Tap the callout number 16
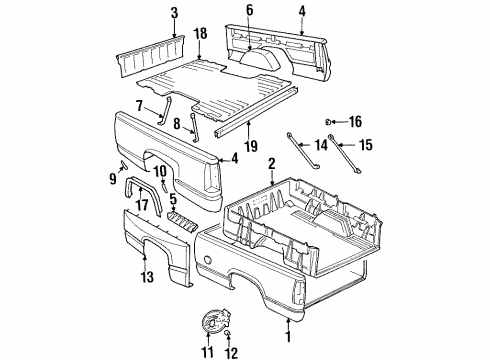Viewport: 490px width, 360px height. click(x=356, y=121)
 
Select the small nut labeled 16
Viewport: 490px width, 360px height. click(x=331, y=121)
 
